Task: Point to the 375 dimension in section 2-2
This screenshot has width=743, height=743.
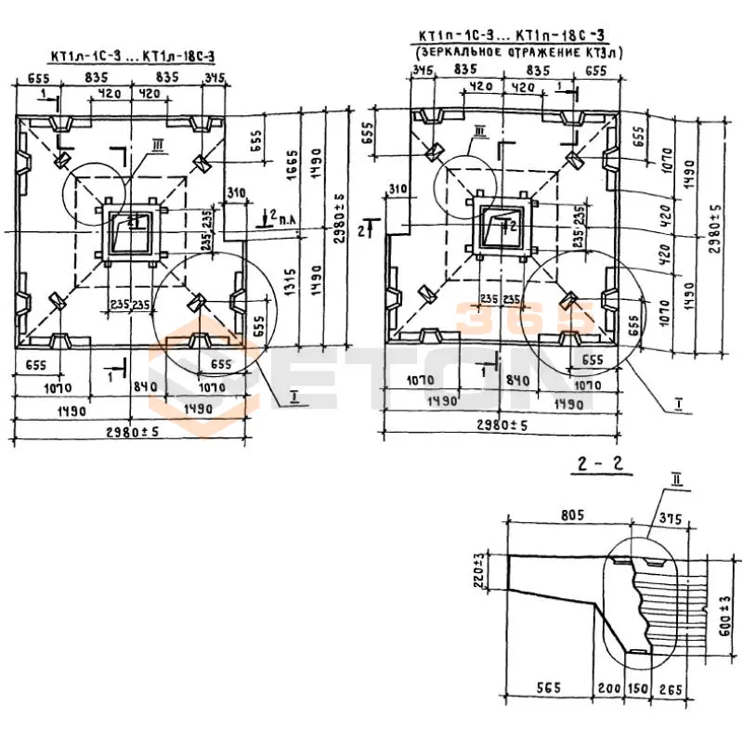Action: [667, 519]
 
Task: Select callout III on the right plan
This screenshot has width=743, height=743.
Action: [479, 132]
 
